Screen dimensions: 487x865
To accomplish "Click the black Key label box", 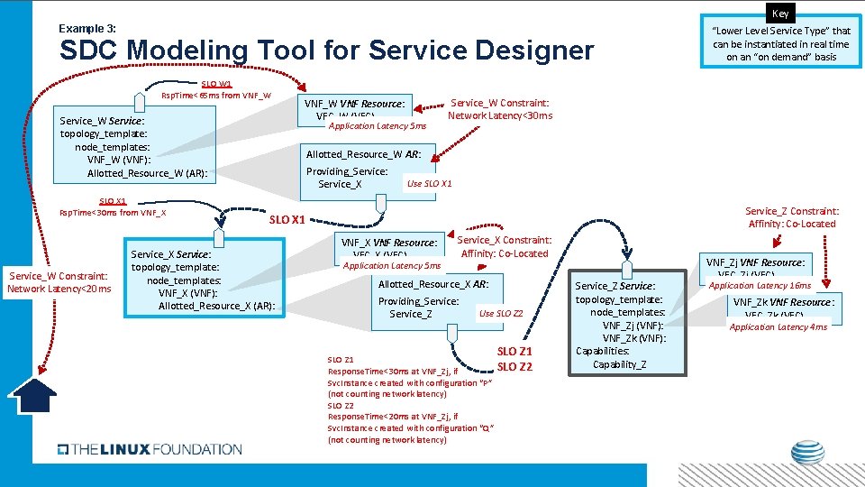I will coord(779,14).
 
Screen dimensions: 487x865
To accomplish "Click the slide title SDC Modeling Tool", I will coord(325,51).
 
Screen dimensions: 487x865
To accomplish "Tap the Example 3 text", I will coord(86,28).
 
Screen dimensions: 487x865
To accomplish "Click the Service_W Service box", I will coord(136,146).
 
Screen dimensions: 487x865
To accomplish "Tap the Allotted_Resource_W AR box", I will coord(369,169).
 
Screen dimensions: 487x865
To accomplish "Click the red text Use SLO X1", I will coord(429,184).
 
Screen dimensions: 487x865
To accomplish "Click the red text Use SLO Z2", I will coord(501,314).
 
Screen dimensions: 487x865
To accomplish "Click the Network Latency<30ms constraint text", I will coord(500,115).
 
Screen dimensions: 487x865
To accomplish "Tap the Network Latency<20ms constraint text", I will coord(59,289).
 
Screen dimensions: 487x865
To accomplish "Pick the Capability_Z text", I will coord(619,364).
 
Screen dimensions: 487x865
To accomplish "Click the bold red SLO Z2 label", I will coord(514,366).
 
